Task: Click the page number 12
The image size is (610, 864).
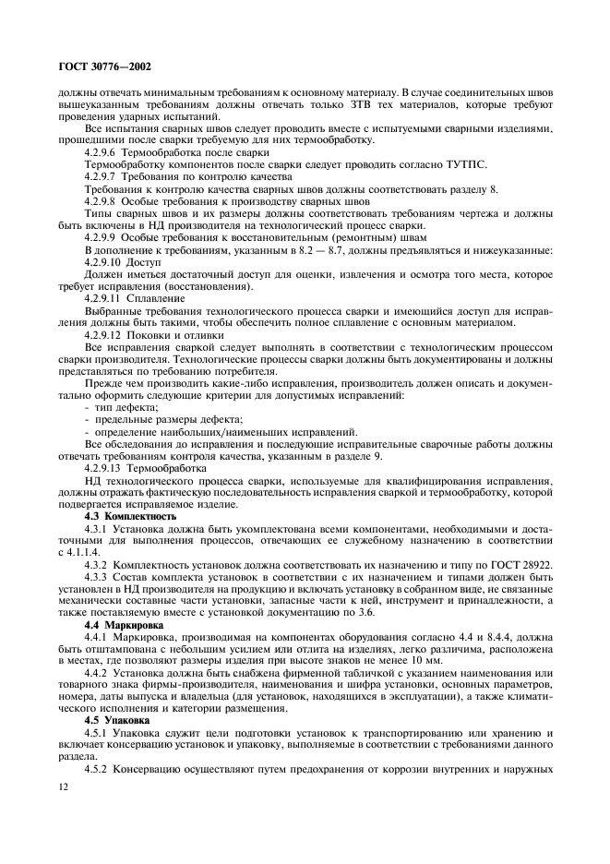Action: tap(64, 786)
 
